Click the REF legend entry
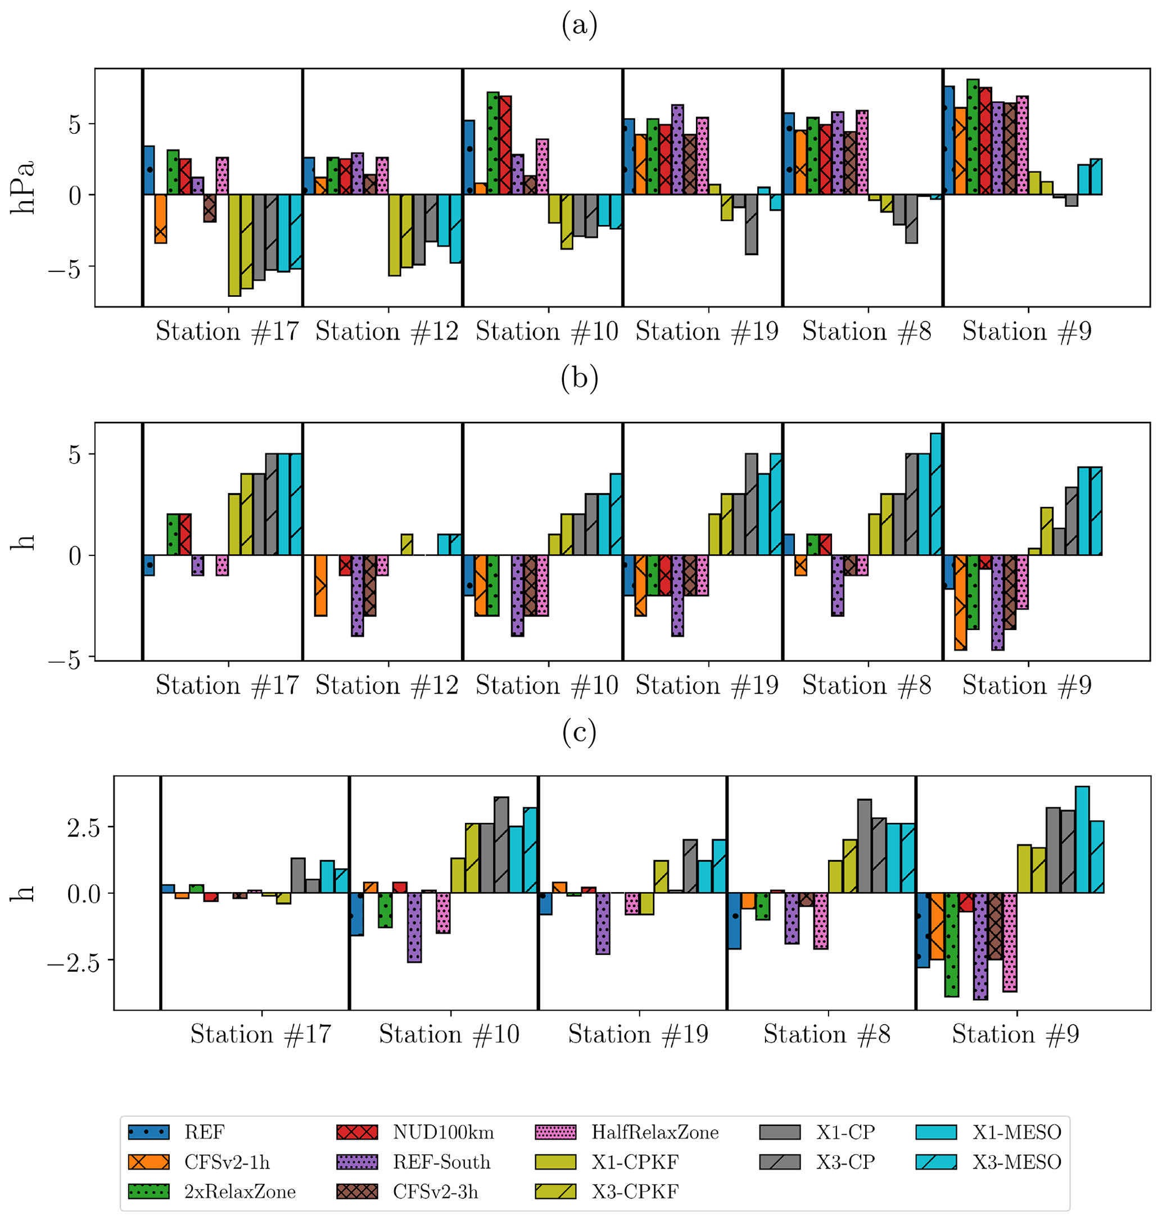pos(205,1132)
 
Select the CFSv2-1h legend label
pos(227,1162)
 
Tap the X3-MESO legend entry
pos(1016,1162)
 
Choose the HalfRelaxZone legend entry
pos(655,1132)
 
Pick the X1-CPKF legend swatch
pos(555,1162)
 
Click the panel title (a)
pos(579,25)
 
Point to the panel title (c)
pos(579,733)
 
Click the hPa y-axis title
pos(23,188)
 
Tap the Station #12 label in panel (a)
pos(387,332)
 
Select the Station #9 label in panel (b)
pos(1027,686)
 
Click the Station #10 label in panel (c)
pos(449,1034)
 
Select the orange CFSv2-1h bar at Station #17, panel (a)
pos(160,219)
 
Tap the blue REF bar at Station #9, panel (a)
pos(948,141)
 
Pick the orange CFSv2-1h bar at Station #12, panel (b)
pos(320,585)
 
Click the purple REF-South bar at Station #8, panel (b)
pos(838,585)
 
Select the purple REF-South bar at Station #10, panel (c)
pos(414,927)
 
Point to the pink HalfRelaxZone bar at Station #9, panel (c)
pos(1010,942)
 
